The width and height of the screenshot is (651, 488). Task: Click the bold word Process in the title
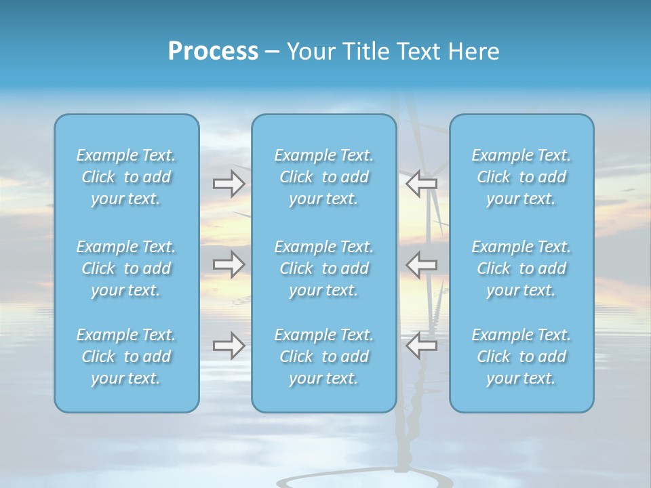coord(213,52)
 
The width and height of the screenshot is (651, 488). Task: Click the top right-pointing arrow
coord(229,184)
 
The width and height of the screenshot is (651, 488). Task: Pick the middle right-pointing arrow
coord(229,264)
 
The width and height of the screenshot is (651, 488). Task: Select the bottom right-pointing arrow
coord(229,346)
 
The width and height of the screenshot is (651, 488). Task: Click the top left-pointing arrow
coord(421,184)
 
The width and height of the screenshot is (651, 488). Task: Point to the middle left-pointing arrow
coord(421,264)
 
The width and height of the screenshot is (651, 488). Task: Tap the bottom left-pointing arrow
coord(421,346)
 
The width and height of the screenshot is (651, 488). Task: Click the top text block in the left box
coord(126,177)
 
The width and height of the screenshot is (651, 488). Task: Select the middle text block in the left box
coord(126,268)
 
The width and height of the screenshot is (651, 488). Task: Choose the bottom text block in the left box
coord(126,357)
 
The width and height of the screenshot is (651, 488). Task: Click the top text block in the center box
coord(324,177)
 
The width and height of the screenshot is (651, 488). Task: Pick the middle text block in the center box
coord(324,268)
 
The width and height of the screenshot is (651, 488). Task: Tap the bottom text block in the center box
coord(324,357)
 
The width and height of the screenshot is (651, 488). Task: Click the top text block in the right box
coord(521,177)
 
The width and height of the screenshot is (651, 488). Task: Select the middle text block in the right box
coord(521,268)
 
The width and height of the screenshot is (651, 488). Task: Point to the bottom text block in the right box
coord(521,357)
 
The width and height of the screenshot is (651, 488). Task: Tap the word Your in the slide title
coord(309,52)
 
